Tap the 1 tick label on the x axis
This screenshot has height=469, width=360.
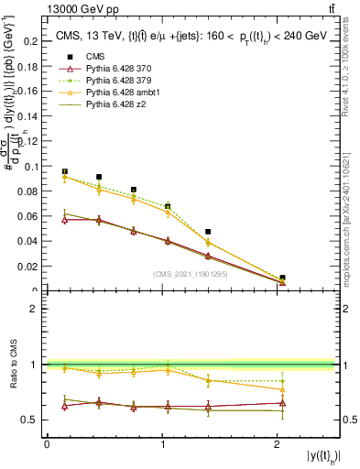(x=163, y=445)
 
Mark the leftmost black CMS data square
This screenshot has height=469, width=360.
(x=65, y=171)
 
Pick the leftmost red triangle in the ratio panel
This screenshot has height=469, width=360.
(x=65, y=406)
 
